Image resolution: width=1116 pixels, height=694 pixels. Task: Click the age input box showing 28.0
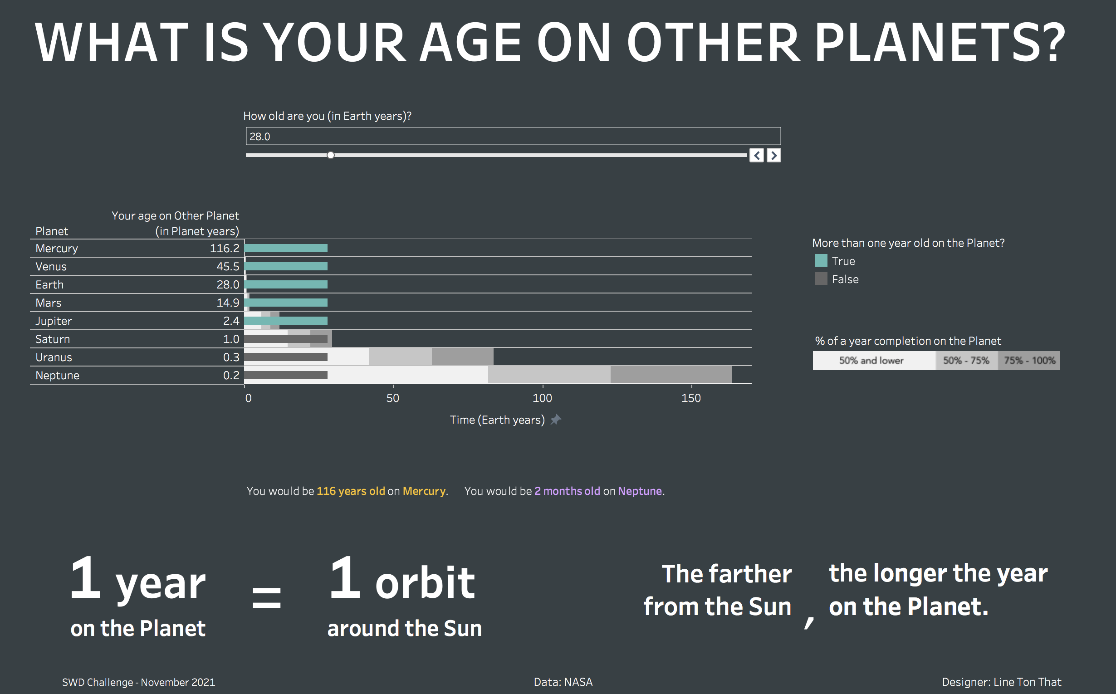click(x=513, y=137)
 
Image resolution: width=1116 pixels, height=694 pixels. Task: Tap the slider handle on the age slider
click(x=331, y=155)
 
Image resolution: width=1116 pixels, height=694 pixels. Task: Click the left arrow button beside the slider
click(x=757, y=156)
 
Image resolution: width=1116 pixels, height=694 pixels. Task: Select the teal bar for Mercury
click(x=286, y=248)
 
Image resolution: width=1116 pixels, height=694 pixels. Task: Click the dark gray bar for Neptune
click(x=286, y=376)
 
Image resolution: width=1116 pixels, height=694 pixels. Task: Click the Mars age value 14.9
click(x=228, y=303)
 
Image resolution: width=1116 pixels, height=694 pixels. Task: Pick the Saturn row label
click(x=53, y=339)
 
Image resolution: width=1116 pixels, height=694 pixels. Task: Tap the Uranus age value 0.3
click(x=231, y=357)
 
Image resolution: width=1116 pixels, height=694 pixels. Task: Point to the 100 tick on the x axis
click(x=542, y=397)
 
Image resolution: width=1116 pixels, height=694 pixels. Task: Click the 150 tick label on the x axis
click(x=691, y=397)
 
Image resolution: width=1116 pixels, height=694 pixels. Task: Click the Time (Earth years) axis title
click(x=497, y=420)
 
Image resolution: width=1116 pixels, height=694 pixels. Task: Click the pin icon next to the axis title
click(x=556, y=420)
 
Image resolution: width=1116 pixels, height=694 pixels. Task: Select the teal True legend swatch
click(x=821, y=261)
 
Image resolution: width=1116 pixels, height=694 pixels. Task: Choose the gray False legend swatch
click(x=821, y=279)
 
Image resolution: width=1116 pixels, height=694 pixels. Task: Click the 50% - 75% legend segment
click(x=966, y=360)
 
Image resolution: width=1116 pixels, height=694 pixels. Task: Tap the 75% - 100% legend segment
click(x=1029, y=360)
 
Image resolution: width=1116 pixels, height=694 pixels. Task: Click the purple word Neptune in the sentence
click(x=640, y=491)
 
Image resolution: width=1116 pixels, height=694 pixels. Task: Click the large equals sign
click(x=267, y=597)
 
